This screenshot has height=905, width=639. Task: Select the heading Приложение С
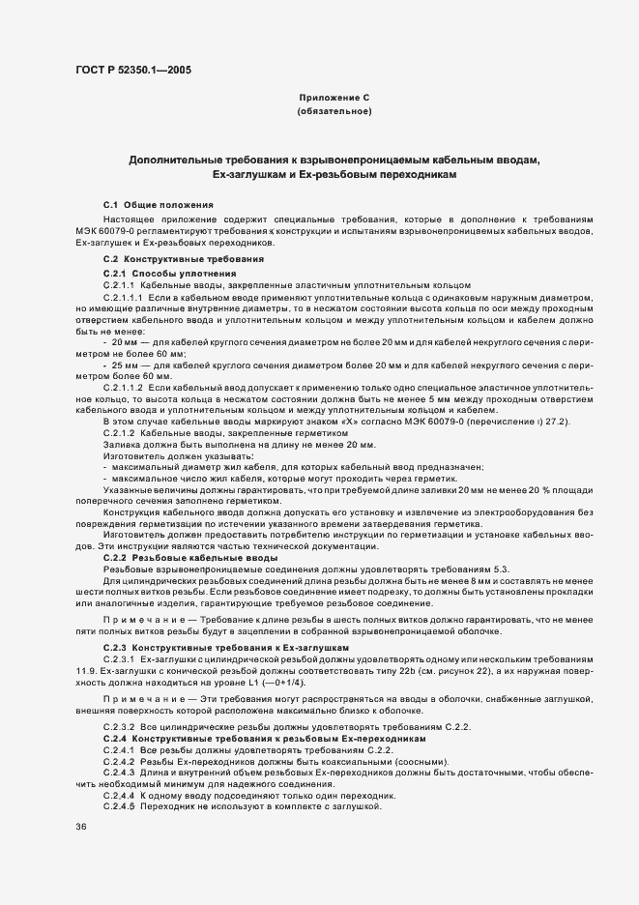tap(334, 98)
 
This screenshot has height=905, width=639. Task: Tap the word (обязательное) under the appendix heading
tap(334, 113)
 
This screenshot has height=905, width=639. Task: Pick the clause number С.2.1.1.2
tap(123, 387)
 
